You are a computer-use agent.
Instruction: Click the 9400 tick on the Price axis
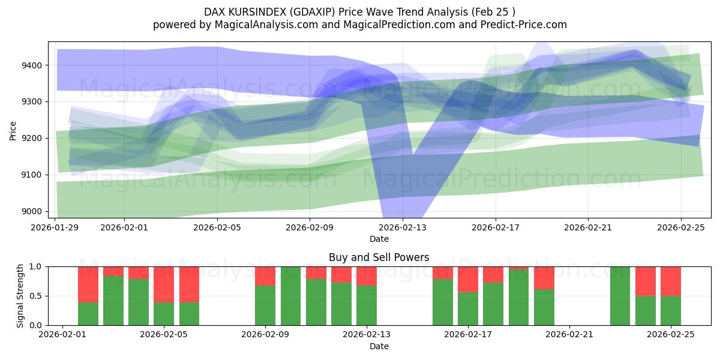tap(33, 65)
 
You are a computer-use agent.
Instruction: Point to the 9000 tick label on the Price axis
tap(33, 211)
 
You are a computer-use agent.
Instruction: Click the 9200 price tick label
tap(33, 139)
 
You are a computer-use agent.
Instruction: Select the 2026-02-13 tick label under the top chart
tap(403, 227)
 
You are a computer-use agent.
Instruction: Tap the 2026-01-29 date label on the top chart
tap(55, 227)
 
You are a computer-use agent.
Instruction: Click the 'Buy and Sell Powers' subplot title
tap(379, 257)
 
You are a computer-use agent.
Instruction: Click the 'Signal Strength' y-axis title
tap(20, 296)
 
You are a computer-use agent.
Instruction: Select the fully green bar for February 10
tap(290, 296)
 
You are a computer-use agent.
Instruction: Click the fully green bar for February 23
tap(620, 296)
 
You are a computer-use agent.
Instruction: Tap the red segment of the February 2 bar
tap(88, 284)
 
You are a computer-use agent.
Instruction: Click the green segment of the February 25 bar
tap(671, 311)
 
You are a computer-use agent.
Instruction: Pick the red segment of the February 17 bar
tap(468, 279)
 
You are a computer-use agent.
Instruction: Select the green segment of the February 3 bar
tap(113, 301)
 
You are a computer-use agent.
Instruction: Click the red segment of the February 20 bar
tap(544, 278)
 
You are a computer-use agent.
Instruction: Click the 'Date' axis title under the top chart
tap(379, 239)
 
